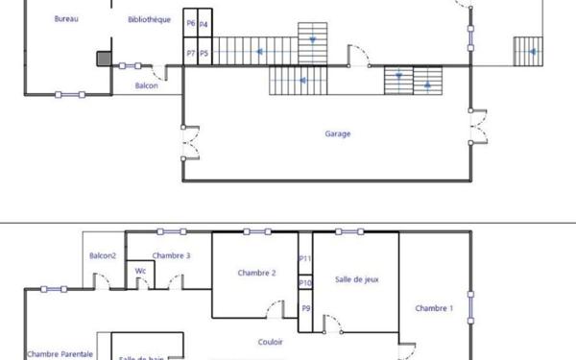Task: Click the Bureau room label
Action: pyautogui.click(x=66, y=19)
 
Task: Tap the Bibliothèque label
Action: pyautogui.click(x=149, y=19)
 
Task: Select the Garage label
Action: pyautogui.click(x=337, y=134)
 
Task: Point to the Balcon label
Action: pyautogui.click(x=147, y=85)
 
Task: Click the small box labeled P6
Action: pyautogui.click(x=191, y=23)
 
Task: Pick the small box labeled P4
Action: pyautogui.click(x=204, y=23)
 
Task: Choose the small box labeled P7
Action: pyautogui.click(x=191, y=54)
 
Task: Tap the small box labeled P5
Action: pyautogui.click(x=204, y=54)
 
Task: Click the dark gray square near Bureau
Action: pyautogui.click(x=104, y=58)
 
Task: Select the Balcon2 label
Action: pyautogui.click(x=103, y=255)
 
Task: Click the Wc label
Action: pyautogui.click(x=140, y=271)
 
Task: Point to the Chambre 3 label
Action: pyautogui.click(x=171, y=255)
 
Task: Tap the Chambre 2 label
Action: pyautogui.click(x=256, y=273)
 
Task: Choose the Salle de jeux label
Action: pyautogui.click(x=354, y=278)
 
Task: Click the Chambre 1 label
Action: pyautogui.click(x=434, y=308)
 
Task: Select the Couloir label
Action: pyautogui.click(x=271, y=341)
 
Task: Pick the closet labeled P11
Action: pyautogui.click(x=305, y=258)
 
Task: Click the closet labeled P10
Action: pyautogui.click(x=305, y=283)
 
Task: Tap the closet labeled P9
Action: pyautogui.click(x=305, y=308)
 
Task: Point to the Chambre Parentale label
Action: pyautogui.click(x=60, y=354)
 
